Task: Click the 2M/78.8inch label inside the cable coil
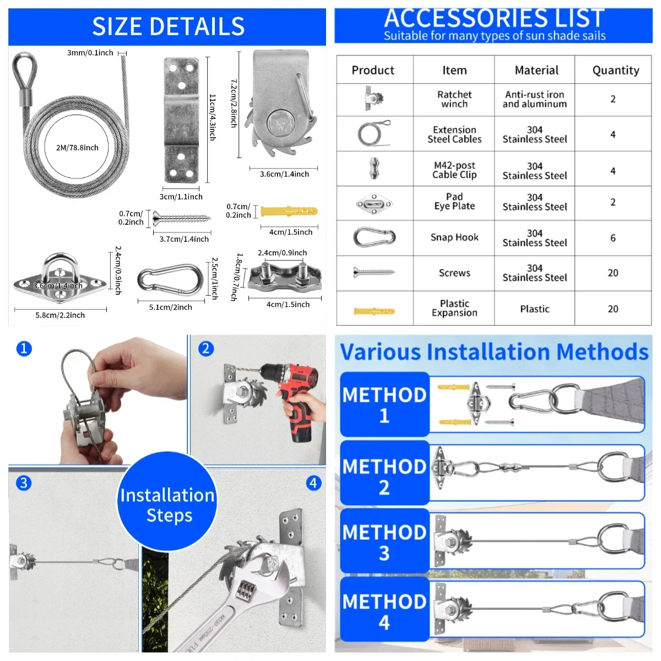tap(77, 148)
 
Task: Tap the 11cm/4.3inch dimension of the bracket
tap(213, 117)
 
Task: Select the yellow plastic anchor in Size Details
tap(289, 212)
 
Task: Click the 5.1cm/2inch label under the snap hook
tap(170, 307)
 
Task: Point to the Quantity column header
tap(615, 70)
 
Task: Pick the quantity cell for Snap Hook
tap(613, 238)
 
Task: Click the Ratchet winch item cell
tap(454, 99)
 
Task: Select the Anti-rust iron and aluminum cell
tap(534, 99)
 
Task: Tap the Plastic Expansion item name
tap(454, 308)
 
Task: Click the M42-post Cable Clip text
tap(454, 170)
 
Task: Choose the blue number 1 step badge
tap(24, 348)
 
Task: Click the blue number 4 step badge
tap(313, 483)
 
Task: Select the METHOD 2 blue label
tap(384, 476)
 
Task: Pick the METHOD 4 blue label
tap(384, 611)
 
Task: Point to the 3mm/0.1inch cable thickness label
tap(90, 53)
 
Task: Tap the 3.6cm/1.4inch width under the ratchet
tap(284, 174)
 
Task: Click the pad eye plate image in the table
tap(374, 204)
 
